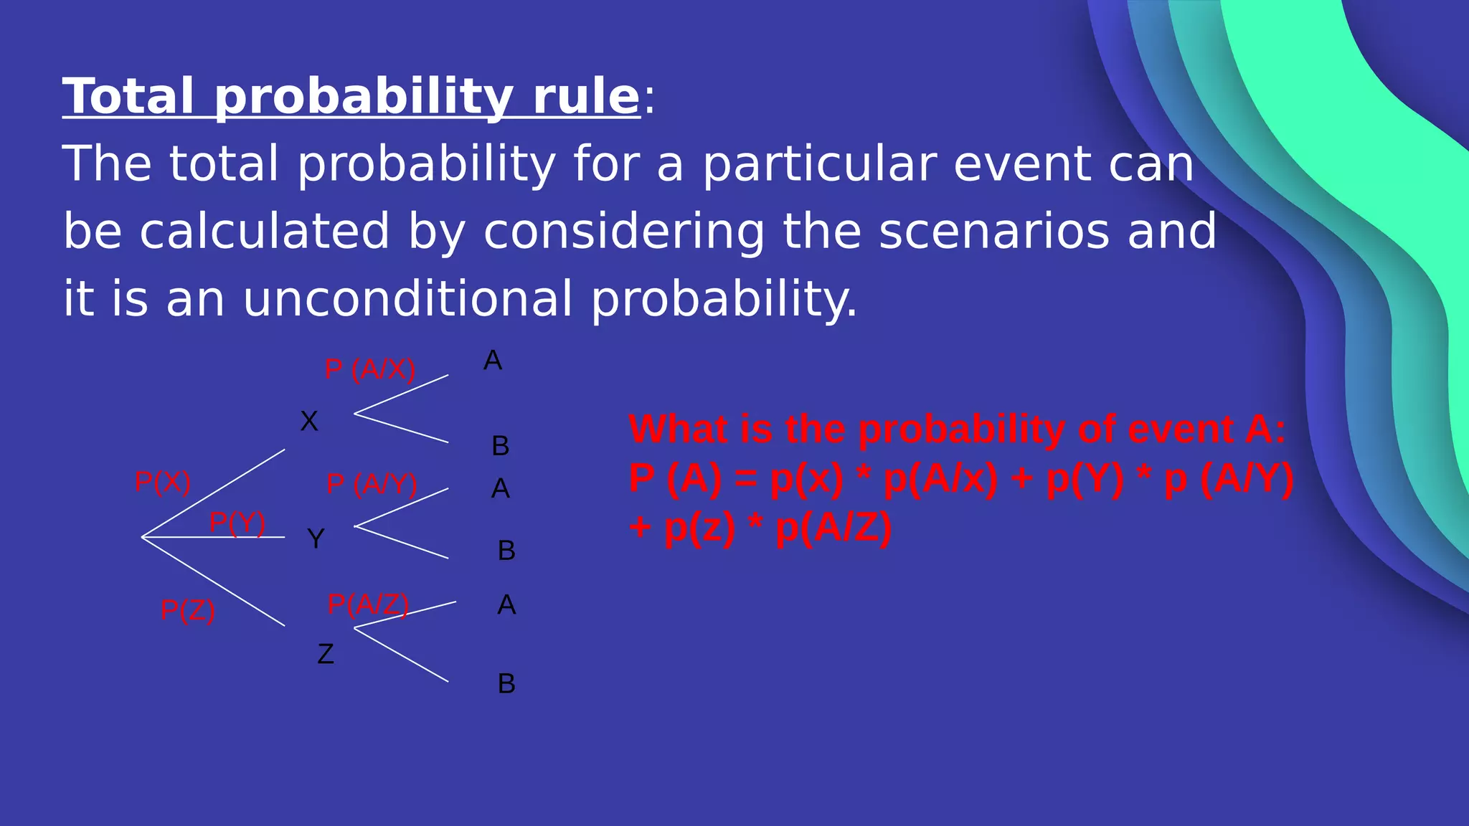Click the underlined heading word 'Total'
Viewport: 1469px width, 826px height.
pyautogui.click(x=128, y=96)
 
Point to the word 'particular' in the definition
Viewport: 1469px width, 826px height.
pyautogui.click(x=818, y=164)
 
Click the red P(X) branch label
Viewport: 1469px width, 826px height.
pyautogui.click(x=163, y=483)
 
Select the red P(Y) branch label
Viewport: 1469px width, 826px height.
pyautogui.click(x=237, y=523)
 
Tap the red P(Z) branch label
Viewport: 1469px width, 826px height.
pyautogui.click(x=188, y=610)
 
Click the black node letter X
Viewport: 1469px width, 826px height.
pyautogui.click(x=309, y=422)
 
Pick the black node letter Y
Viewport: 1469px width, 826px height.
pyautogui.click(x=316, y=538)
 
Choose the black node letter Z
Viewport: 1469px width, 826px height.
pyautogui.click(x=326, y=654)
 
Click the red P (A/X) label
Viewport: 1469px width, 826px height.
pyautogui.click(x=370, y=369)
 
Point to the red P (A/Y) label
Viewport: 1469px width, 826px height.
pyautogui.click(x=372, y=484)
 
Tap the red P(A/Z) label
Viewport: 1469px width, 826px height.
pyautogui.click(x=368, y=604)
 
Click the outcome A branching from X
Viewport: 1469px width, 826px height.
pyautogui.click(x=493, y=361)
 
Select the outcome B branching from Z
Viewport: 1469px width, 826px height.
pyautogui.click(x=506, y=684)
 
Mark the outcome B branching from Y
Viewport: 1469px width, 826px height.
pyautogui.click(x=506, y=551)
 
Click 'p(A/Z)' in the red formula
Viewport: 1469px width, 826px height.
pyautogui.click(x=833, y=528)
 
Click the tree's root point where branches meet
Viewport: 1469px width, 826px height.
pyautogui.click(x=142, y=536)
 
